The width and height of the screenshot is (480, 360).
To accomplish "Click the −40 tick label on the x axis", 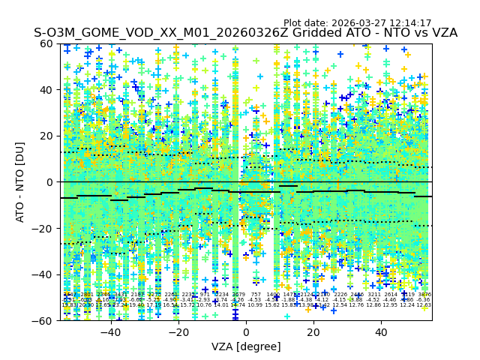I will [110, 332].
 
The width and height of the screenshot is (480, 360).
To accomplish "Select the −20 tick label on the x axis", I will [178, 332].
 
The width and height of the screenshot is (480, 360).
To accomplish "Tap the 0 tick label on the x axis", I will [246, 332].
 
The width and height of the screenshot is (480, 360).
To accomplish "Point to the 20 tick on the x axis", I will [313, 332].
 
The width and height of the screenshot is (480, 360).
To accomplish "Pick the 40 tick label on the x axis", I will [381, 332].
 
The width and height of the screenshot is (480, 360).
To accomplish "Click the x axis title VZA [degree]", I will [246, 346].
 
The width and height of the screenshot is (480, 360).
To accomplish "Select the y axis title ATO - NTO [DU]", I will [21, 181].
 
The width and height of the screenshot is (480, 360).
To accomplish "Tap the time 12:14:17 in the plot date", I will [407, 23].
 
